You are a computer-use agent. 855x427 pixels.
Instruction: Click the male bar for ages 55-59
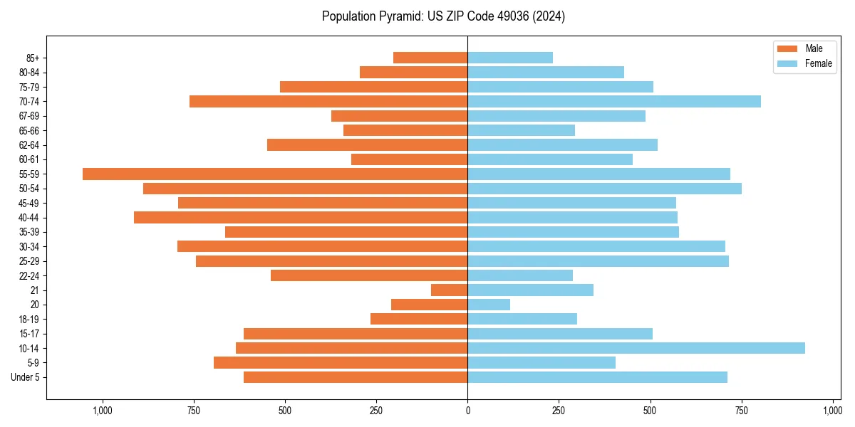[275, 174]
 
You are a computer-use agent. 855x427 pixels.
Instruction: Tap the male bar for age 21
[450, 290]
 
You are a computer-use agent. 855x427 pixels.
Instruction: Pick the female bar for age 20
[489, 305]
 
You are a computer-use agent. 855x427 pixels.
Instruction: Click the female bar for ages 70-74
[614, 101]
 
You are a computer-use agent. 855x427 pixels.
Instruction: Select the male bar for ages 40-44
[301, 217]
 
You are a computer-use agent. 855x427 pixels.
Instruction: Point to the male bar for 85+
[430, 58]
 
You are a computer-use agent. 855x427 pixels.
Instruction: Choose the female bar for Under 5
[597, 377]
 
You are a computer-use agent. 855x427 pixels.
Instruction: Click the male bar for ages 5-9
[341, 362]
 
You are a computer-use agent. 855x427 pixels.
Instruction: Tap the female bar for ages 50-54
[604, 189]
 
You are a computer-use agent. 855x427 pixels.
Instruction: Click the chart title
[443, 16]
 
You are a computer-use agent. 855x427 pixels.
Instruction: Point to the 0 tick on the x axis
[467, 411]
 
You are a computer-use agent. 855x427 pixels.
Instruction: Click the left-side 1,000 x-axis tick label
[103, 411]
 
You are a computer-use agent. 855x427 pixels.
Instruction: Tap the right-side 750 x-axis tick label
[742, 411]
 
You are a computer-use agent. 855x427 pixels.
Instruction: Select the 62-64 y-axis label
[29, 145]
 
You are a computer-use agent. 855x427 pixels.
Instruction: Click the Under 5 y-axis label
[25, 377]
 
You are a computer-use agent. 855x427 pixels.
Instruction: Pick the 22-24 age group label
[29, 275]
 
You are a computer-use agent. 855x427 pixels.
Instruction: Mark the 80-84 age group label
[29, 73]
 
